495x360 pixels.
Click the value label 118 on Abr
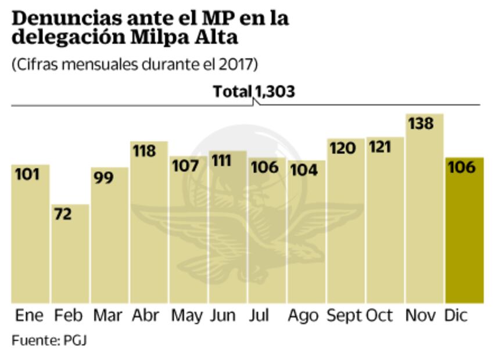coord(144,152)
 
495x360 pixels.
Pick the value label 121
coord(381,147)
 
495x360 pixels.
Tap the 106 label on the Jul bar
coord(265,167)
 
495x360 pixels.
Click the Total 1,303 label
coord(254,91)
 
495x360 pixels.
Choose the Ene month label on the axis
coord(29,316)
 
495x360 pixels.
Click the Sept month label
coord(345,316)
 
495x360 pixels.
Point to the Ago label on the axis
coord(303,316)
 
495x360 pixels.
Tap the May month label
coord(186,316)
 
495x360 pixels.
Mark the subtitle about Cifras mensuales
coord(134,64)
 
